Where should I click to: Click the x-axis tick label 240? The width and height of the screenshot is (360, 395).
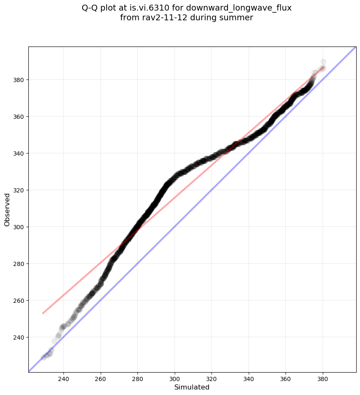[64, 379]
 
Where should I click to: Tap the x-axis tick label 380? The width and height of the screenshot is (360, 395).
[323, 379]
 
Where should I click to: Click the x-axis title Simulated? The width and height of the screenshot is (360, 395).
[192, 387]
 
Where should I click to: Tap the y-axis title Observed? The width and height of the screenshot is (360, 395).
[7, 210]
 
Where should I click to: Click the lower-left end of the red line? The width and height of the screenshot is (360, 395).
[43, 313]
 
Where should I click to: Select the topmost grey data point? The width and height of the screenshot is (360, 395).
[323, 62]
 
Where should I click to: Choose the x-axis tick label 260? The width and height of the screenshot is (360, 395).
[101, 379]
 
